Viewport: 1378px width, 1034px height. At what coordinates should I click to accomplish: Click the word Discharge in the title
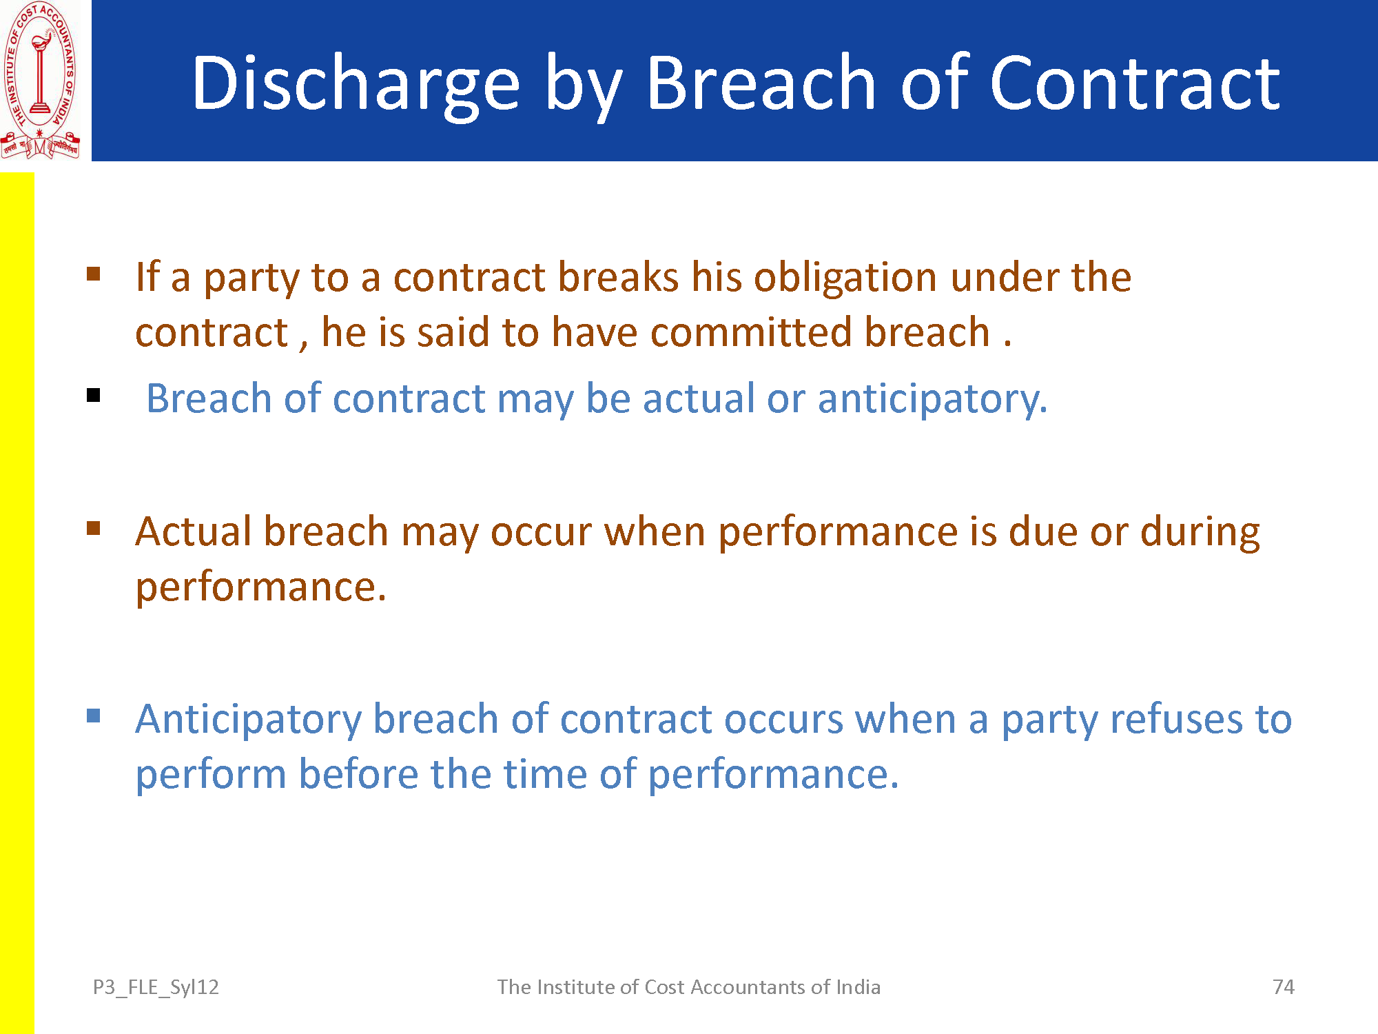point(356,84)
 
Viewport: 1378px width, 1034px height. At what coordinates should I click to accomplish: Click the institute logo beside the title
point(41,81)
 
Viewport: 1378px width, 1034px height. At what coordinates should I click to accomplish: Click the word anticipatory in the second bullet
point(932,400)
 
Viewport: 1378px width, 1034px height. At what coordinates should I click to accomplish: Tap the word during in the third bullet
point(1200,534)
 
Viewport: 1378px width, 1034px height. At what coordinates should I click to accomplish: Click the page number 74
point(1284,987)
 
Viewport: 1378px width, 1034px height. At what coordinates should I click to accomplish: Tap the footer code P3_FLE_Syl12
point(156,988)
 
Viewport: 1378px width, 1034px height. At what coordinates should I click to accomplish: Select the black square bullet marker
point(94,396)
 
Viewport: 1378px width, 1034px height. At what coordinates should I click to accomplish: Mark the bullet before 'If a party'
point(94,274)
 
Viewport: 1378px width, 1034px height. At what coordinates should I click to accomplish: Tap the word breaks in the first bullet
point(618,277)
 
